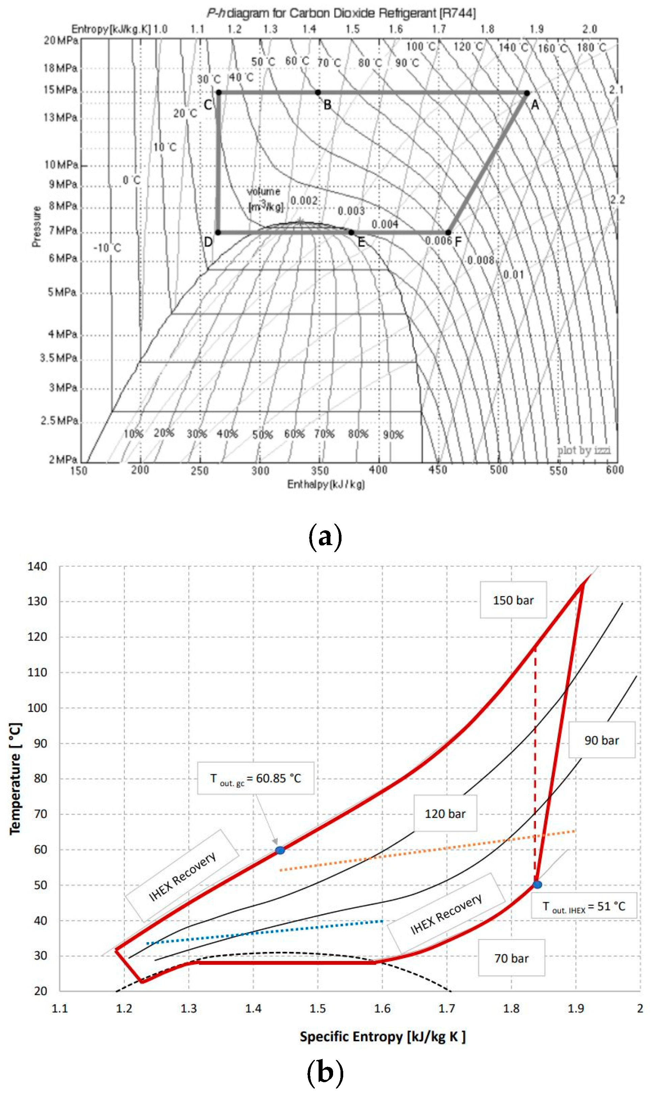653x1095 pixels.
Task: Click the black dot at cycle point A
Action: (x=527, y=93)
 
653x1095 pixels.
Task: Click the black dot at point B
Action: (x=318, y=92)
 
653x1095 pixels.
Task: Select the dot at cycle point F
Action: (x=448, y=232)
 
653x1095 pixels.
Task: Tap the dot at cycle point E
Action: (x=351, y=232)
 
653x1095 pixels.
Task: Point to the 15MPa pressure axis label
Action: (x=61, y=90)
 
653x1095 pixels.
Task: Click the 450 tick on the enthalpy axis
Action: (x=437, y=470)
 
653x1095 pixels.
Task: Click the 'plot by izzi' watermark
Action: (x=583, y=450)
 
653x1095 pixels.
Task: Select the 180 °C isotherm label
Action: (x=591, y=48)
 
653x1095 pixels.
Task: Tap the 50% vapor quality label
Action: (x=262, y=435)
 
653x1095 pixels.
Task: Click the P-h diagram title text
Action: (x=341, y=13)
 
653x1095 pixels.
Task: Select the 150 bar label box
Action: (x=513, y=600)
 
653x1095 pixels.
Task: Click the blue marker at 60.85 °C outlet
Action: (x=280, y=850)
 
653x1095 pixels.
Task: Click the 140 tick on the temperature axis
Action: (x=37, y=566)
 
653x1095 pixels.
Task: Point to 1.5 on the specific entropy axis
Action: (x=318, y=1008)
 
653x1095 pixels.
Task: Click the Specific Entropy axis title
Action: (x=382, y=1037)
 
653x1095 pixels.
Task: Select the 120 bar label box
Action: (x=445, y=814)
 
